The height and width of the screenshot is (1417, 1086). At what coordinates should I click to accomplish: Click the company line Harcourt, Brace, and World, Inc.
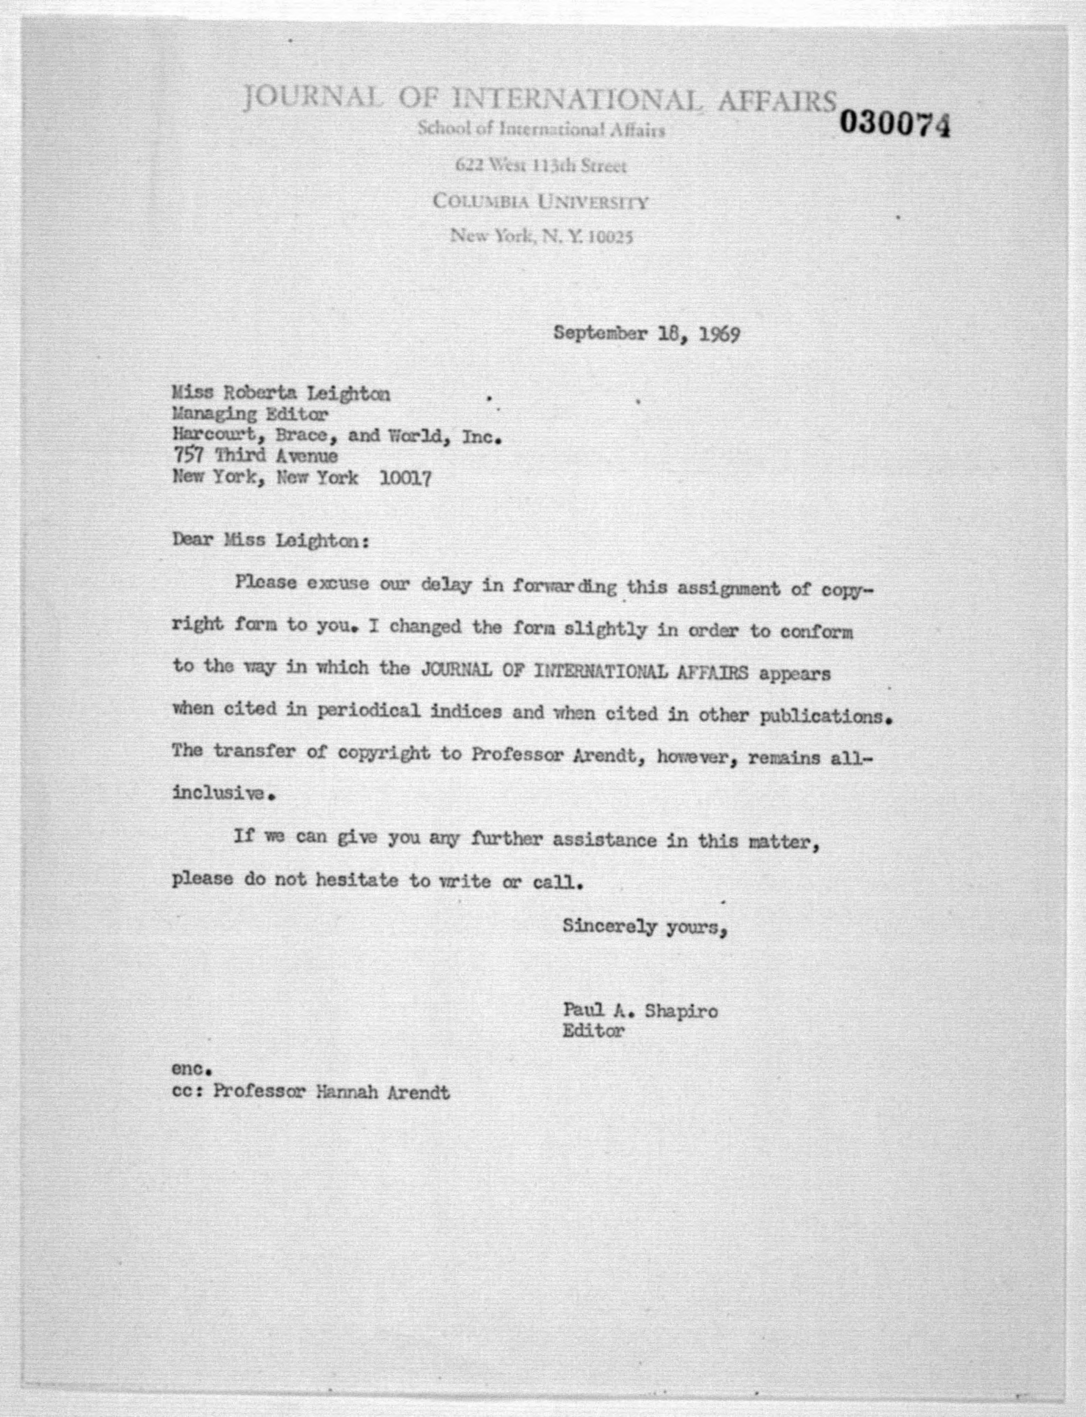(x=336, y=436)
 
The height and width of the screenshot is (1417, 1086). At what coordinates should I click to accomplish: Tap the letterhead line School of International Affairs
(x=540, y=129)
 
